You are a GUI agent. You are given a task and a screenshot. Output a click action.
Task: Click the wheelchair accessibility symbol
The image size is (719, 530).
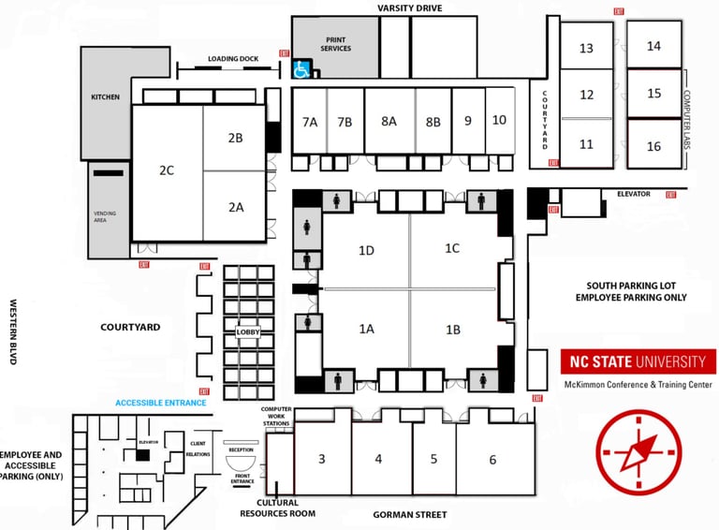(302, 68)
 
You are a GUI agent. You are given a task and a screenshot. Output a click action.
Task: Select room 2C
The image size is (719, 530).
(167, 170)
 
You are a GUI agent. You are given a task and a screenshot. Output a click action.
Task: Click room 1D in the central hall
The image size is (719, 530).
(366, 250)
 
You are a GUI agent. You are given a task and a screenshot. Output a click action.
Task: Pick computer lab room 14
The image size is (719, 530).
(653, 46)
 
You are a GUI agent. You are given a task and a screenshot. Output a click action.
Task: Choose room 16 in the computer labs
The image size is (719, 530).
(653, 146)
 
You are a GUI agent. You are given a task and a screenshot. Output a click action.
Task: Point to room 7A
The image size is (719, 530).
(310, 121)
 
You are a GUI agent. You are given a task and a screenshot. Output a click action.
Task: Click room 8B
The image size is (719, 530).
(433, 121)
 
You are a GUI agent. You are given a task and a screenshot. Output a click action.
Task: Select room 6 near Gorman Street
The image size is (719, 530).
(492, 459)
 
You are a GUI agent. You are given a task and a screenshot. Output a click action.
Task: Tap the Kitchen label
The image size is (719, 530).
(105, 96)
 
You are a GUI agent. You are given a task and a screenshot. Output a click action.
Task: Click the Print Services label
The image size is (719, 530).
(335, 44)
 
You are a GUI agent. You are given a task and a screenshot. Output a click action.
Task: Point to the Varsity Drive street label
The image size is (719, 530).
(409, 7)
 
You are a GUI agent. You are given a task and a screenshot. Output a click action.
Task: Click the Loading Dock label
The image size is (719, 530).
(233, 59)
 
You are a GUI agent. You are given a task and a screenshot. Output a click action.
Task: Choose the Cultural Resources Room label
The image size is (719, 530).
(277, 508)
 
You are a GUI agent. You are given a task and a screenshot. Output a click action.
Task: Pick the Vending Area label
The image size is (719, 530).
(105, 216)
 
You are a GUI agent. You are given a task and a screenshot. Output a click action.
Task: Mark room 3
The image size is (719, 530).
(322, 459)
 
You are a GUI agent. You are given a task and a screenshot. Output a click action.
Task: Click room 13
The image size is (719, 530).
(587, 48)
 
